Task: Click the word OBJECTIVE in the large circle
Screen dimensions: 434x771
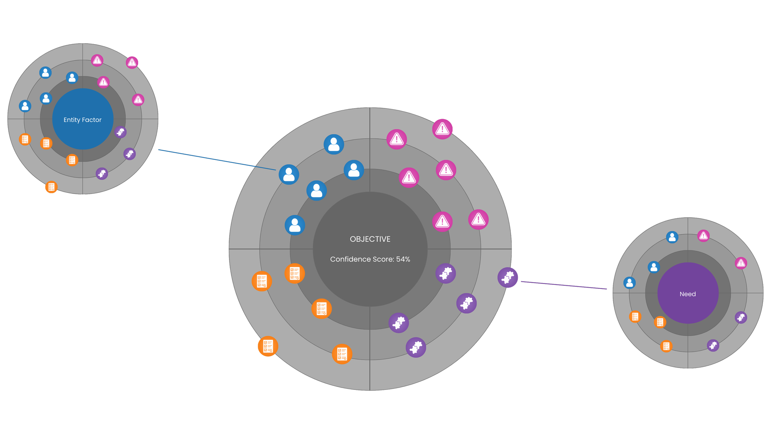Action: point(370,239)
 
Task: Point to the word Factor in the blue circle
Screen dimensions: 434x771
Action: point(92,120)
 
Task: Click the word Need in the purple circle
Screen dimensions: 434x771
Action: point(688,294)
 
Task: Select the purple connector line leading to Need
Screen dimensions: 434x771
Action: point(564,285)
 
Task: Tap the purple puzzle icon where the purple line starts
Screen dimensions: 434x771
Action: point(507,277)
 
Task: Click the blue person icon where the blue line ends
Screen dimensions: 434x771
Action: point(289,174)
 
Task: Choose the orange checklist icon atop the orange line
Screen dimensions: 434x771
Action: point(51,187)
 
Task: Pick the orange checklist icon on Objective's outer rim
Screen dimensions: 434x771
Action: point(268,346)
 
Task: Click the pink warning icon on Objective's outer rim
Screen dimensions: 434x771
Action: point(442,129)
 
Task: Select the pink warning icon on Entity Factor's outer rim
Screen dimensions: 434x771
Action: point(132,62)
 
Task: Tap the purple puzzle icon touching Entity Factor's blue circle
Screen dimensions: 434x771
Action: point(120,132)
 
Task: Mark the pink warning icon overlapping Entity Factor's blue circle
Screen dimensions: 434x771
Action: point(103,82)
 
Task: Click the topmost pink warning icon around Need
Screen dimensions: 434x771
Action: point(703,236)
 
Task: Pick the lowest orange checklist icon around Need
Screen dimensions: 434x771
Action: point(666,346)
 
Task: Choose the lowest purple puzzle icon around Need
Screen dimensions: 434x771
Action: point(713,345)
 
